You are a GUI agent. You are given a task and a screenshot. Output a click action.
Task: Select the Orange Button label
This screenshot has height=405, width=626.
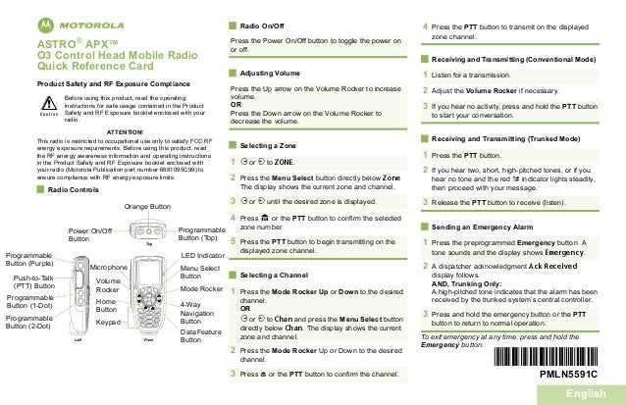(x=148, y=207)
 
